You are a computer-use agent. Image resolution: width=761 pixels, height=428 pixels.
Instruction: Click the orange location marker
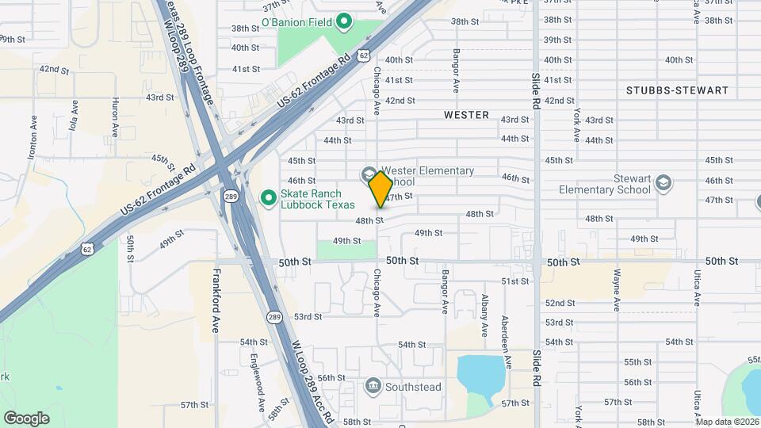pyautogui.click(x=381, y=189)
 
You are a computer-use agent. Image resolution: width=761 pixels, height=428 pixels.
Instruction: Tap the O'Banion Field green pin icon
pyautogui.click(x=343, y=21)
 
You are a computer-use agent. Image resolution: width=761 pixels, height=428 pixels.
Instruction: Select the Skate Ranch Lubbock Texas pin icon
pyautogui.click(x=268, y=196)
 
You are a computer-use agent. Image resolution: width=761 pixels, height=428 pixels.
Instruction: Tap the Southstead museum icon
pyautogui.click(x=373, y=386)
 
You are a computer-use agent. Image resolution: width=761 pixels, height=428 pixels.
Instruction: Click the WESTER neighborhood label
pyautogui.click(x=466, y=115)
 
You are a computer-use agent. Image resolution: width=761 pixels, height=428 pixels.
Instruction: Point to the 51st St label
pyautogui.click(x=514, y=281)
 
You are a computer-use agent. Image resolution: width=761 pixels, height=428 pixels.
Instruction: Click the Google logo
pyautogui.click(x=26, y=418)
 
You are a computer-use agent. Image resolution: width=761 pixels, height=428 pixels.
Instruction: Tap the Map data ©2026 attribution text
pyautogui.click(x=727, y=422)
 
